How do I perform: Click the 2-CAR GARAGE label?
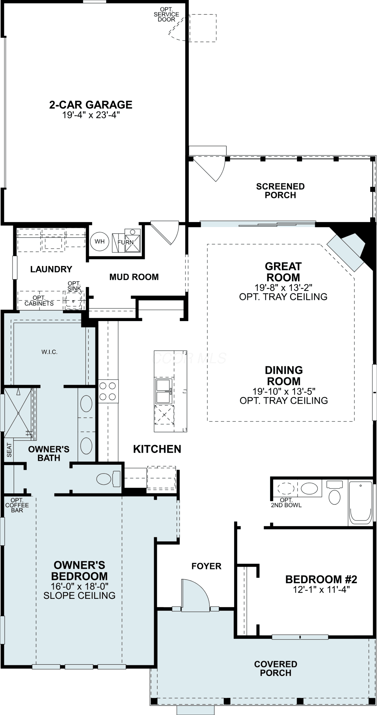[91, 105]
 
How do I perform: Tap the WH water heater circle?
[100, 241]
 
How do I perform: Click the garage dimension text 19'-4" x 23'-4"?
[91, 115]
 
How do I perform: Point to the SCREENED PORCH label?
[281, 191]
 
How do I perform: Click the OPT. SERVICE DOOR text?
[167, 14]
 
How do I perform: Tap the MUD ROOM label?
[134, 277]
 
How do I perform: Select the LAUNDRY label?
[51, 269]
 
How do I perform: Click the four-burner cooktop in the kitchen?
[108, 391]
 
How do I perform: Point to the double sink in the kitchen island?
[164, 391]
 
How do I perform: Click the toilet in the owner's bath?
[109, 478]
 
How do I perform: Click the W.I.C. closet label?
[49, 352]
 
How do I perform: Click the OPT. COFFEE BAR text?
[17, 505]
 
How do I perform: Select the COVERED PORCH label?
[276, 668]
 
